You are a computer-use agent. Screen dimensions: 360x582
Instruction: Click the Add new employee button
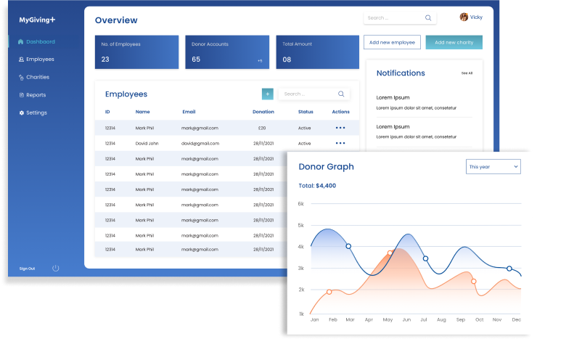392,43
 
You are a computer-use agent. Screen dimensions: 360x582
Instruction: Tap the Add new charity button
454,43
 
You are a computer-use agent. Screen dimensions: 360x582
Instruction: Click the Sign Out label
27,269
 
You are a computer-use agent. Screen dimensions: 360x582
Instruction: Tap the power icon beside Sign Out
56,269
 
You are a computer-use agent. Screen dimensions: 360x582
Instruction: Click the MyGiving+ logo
37,20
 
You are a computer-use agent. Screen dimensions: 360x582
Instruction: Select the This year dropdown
493,167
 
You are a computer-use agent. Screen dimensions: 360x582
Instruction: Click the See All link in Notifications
467,73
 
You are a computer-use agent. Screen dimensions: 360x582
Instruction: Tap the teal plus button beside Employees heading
268,94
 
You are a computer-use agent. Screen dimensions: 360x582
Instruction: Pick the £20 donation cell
262,128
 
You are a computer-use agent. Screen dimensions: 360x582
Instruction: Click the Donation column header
263,112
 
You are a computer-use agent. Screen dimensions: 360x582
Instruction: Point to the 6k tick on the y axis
301,204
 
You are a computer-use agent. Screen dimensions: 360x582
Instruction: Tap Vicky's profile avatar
464,17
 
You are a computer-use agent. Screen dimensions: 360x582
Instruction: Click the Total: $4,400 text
317,186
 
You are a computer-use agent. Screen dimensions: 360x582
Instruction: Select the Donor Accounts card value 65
196,60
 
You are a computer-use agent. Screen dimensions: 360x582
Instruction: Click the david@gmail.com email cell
200,144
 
